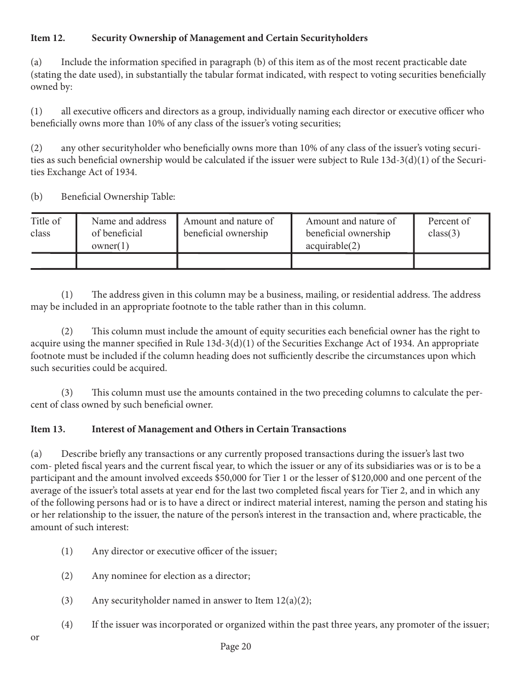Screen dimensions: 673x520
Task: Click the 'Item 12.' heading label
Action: (48, 38)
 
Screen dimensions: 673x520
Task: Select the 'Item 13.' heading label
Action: (48, 429)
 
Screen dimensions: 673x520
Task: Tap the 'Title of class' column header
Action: (45, 227)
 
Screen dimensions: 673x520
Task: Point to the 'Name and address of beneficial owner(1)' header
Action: (129, 233)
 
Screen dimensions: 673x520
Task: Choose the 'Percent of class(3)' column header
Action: (449, 227)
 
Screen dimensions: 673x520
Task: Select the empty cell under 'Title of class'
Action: (53, 261)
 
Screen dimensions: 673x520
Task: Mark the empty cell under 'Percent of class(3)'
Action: (451, 261)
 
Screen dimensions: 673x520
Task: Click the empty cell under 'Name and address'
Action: (126, 261)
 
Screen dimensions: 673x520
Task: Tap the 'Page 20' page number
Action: (235, 647)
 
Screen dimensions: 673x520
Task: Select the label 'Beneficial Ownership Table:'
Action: (118, 197)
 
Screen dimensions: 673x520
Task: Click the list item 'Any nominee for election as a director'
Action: (171, 576)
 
